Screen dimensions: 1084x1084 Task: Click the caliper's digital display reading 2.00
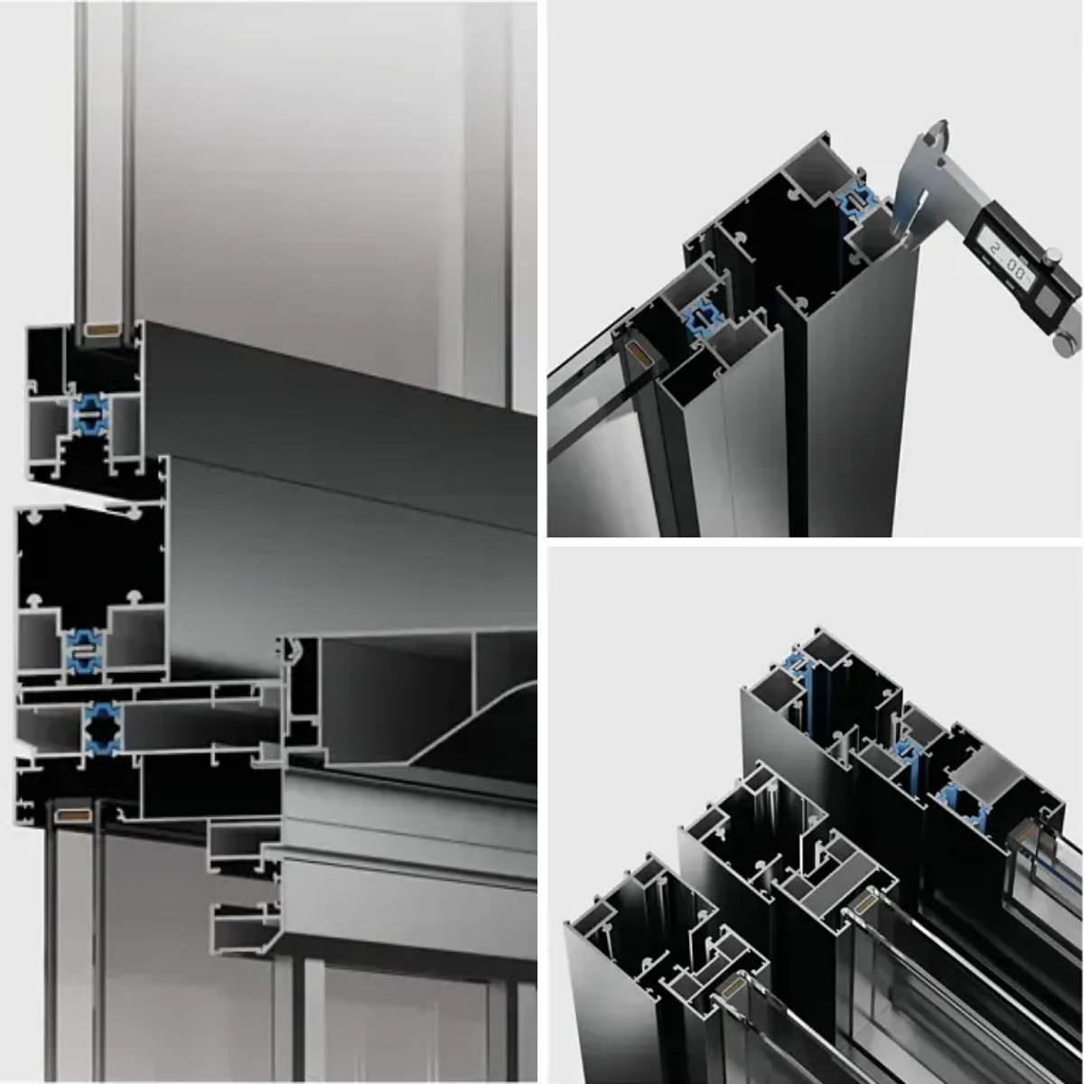[x=1006, y=262]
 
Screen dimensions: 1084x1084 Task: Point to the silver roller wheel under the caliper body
[x=1068, y=343]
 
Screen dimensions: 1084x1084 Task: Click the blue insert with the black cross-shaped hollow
[x=102, y=728]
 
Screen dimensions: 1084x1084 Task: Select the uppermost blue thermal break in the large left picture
[x=89, y=415]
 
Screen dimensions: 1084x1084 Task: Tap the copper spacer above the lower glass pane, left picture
[x=74, y=815]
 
